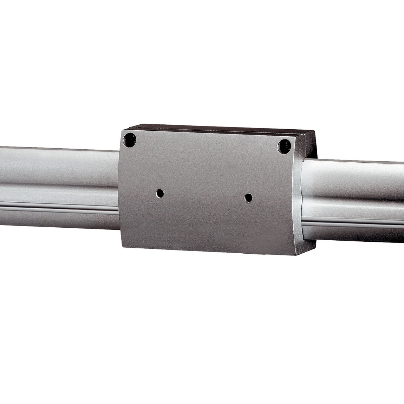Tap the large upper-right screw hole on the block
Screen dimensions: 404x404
(x=284, y=146)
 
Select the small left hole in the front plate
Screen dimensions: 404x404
(x=160, y=193)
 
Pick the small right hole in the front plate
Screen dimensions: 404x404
(x=249, y=198)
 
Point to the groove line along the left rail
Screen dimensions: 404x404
(x=60, y=208)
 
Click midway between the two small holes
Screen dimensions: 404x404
(x=204, y=195)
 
